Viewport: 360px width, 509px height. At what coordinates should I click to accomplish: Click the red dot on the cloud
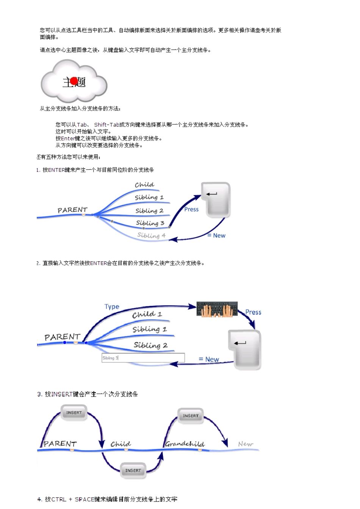pyautogui.click(x=74, y=81)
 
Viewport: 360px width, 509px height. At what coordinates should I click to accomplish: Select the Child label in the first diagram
pyautogui.click(x=144, y=185)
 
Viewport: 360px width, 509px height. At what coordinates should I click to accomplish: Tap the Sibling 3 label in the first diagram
pyautogui.click(x=150, y=223)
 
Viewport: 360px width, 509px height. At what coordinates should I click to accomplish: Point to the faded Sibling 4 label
pyautogui.click(x=151, y=235)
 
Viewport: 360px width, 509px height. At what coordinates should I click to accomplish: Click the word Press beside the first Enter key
pyautogui.click(x=191, y=209)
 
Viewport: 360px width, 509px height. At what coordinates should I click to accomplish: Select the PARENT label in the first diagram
pyautogui.click(x=72, y=210)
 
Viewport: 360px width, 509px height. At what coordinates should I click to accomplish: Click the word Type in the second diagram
pyautogui.click(x=112, y=307)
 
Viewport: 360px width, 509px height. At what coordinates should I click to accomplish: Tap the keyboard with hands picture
pyautogui.click(x=217, y=309)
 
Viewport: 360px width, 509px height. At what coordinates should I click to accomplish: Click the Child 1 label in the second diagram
pyautogui.click(x=147, y=314)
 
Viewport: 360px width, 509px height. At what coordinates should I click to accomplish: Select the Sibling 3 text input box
pyautogui.click(x=143, y=358)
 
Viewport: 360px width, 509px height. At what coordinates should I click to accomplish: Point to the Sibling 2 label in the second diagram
pyautogui.click(x=150, y=345)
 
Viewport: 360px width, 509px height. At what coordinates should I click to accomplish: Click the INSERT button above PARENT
pyautogui.click(x=74, y=413)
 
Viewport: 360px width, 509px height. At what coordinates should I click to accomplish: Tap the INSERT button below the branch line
pyautogui.click(x=133, y=470)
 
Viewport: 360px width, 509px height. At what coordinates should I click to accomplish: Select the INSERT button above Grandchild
pyautogui.click(x=191, y=416)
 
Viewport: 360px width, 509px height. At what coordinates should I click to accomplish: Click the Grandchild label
pyautogui.click(x=185, y=444)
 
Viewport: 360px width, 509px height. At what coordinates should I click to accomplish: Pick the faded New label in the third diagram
pyautogui.click(x=246, y=444)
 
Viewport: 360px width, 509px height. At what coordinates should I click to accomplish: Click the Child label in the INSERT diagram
pyautogui.click(x=121, y=444)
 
